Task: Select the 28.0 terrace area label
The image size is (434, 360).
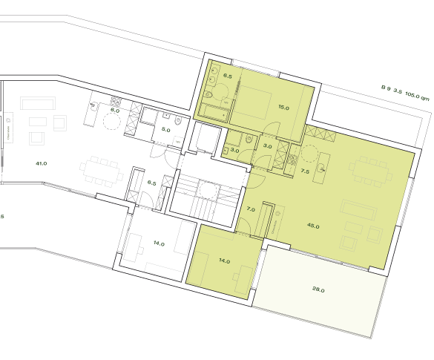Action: tap(318, 290)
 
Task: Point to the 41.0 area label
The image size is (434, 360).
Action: tap(41, 163)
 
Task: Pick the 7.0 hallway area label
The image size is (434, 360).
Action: tap(250, 209)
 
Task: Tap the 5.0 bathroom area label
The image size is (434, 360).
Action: tap(165, 130)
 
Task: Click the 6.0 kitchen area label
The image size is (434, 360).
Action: tap(115, 110)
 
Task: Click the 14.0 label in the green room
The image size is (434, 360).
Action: tap(224, 261)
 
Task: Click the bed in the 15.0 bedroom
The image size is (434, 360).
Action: tap(257, 104)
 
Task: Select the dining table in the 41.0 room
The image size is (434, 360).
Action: tap(98, 168)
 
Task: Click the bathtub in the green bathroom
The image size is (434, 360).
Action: tap(218, 114)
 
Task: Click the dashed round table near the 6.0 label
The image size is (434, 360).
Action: tap(112, 124)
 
